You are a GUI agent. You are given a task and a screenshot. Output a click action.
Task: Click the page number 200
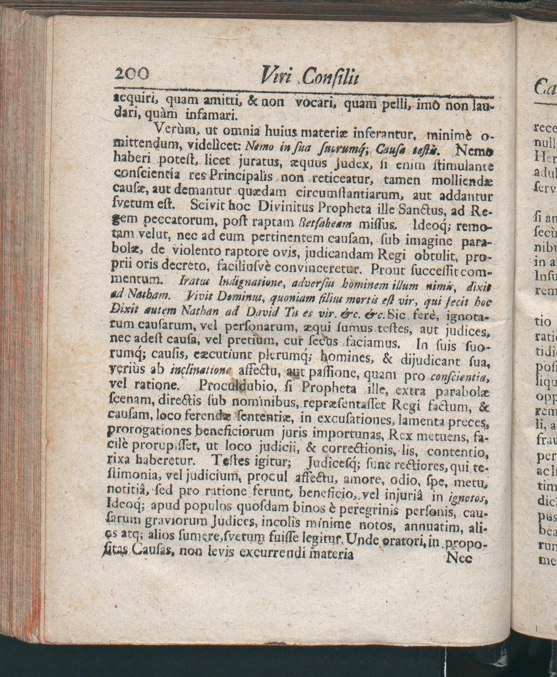[132, 75]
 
